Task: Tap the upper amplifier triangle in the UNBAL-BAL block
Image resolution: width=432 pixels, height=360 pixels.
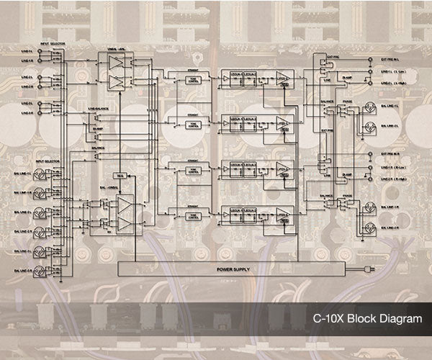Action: click(x=115, y=64)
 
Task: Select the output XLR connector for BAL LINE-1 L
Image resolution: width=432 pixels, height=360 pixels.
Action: click(x=369, y=108)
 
